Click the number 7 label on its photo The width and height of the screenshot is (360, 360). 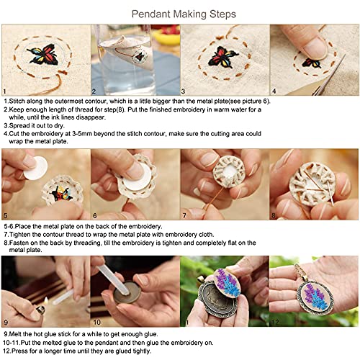click(184, 216)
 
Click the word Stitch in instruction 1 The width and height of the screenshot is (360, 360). click(20, 103)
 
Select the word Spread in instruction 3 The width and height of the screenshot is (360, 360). click(21, 125)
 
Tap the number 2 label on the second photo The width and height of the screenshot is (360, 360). click(94, 91)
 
